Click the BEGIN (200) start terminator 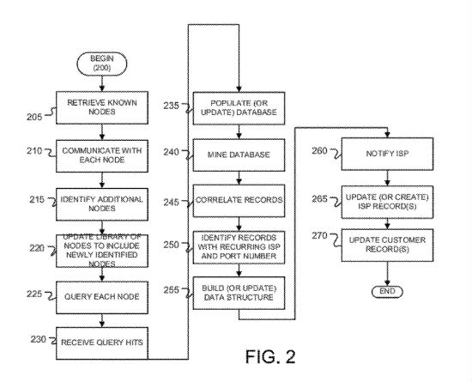[102, 64]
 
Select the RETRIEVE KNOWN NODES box [102, 107]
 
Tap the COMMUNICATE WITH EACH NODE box [102, 156]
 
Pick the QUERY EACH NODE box [102, 297]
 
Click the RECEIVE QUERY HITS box [102, 343]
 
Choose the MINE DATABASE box [239, 155]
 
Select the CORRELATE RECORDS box [239, 201]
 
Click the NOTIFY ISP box [387, 154]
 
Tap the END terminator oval [387, 291]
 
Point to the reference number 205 [34, 117]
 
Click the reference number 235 [172, 106]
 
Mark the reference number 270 [319, 235]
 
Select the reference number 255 [172, 290]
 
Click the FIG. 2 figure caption [270, 356]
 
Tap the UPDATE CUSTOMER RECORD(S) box [387, 245]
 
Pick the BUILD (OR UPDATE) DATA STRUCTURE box [239, 293]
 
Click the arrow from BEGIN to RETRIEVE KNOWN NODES [102, 83]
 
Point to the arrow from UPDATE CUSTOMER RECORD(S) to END [387, 274]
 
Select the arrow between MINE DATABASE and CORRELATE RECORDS [239, 178]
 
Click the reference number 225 [34, 294]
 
